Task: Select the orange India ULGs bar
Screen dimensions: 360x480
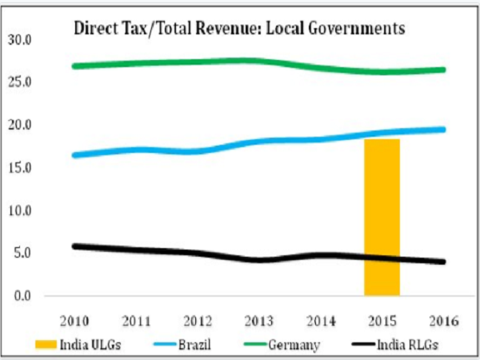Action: pos(382,217)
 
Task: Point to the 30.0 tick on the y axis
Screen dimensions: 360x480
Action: pos(18,39)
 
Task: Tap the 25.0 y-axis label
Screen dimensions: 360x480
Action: pos(18,82)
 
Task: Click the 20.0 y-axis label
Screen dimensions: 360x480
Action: pos(18,126)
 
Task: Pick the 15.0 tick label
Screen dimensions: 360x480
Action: pos(18,168)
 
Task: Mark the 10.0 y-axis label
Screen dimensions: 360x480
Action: pos(18,211)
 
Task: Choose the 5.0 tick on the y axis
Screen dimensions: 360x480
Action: pos(22,254)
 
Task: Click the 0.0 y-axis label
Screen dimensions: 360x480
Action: pos(22,297)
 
